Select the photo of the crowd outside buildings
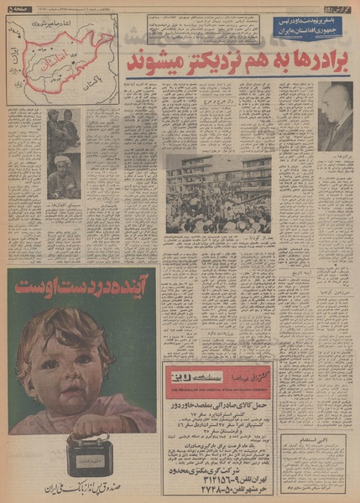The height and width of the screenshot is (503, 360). click(x=218, y=194)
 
